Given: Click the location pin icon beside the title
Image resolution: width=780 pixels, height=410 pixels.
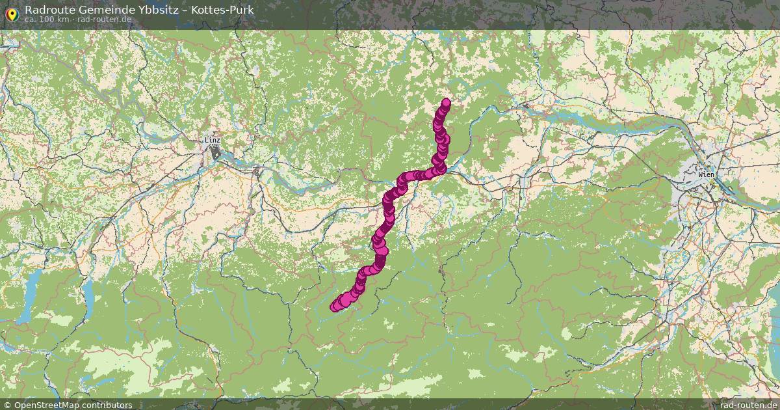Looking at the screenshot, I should point(11,13).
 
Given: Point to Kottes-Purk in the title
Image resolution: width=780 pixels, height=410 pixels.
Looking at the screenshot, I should point(224,10).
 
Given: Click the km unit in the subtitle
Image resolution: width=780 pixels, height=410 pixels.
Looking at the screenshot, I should point(63,20).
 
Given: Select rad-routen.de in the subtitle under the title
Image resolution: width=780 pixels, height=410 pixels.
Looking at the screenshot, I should point(104,20).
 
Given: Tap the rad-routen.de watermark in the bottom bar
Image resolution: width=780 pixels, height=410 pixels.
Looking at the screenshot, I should point(748,405).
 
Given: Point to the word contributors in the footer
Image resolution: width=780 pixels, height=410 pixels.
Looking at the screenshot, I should point(109,405).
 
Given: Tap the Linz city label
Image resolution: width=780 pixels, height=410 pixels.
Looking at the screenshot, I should point(213,140).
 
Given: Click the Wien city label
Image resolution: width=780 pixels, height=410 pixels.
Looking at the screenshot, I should point(706,175).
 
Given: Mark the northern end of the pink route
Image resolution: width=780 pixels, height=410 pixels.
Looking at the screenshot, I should point(446,102).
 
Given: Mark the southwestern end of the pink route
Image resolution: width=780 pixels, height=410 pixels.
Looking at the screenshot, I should point(335,306).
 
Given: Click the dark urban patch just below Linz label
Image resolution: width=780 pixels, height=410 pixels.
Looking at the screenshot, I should point(215,153).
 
